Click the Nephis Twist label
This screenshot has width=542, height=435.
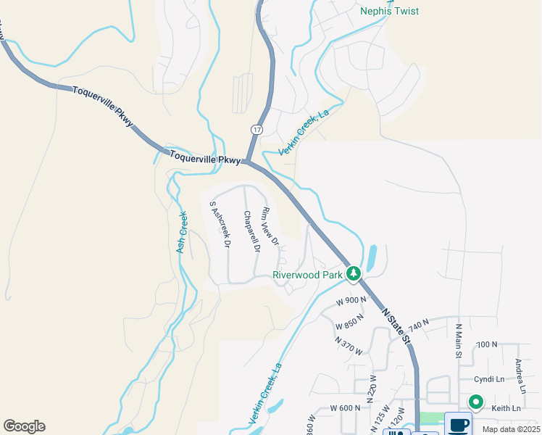tap(389, 12)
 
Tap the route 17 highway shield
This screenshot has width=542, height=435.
tap(257, 129)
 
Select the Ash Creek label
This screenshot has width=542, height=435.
tap(182, 233)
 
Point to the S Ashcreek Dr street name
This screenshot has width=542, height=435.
tap(220, 225)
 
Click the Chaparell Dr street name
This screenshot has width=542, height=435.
tap(251, 231)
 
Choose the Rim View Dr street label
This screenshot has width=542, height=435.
tap(270, 226)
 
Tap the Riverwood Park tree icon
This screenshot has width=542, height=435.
tap(354, 273)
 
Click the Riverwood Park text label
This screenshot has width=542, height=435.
tap(307, 275)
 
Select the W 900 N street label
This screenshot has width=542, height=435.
tap(352, 300)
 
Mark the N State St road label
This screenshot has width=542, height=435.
tap(396, 325)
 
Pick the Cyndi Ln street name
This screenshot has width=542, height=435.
tap(489, 378)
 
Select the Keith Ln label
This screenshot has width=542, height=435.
tap(506, 409)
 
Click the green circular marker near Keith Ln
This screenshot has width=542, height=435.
tap(476, 401)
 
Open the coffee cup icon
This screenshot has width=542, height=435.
tap(458, 424)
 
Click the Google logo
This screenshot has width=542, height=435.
tap(24, 426)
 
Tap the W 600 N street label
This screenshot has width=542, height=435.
tap(346, 408)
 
